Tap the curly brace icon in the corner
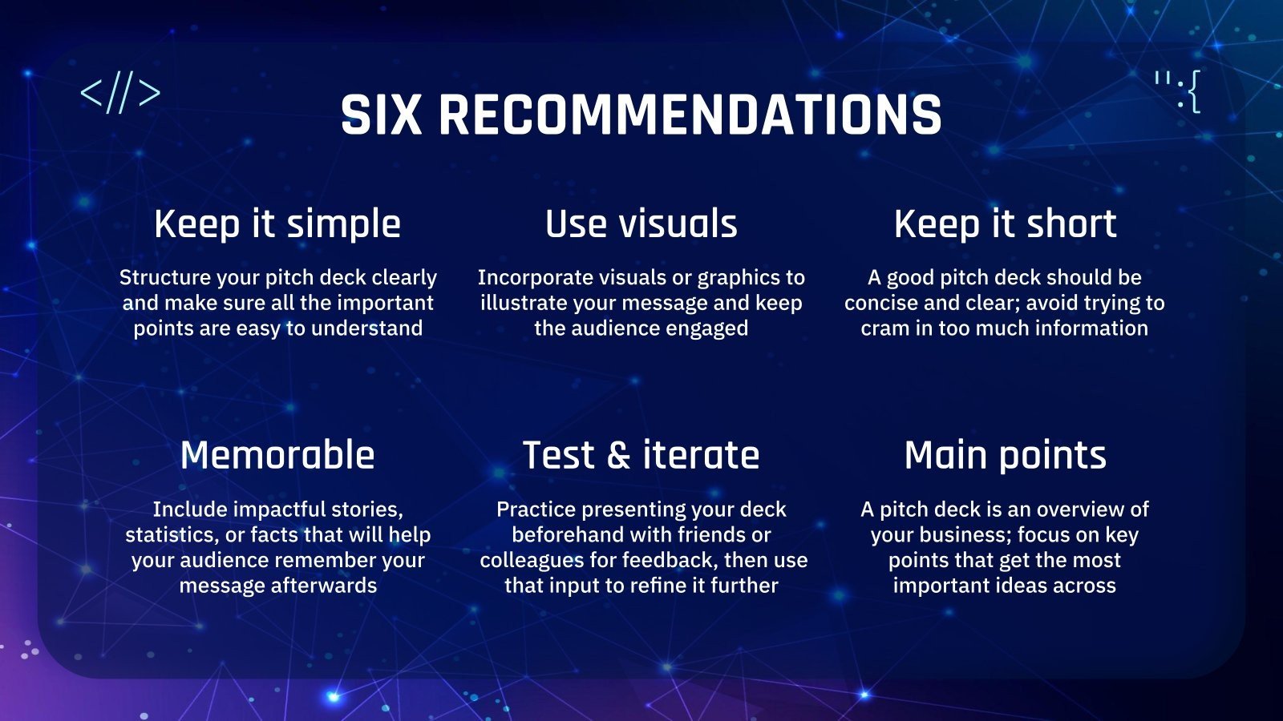click(x=1178, y=91)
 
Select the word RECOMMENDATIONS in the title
click(x=690, y=115)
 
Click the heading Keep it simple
click(x=277, y=224)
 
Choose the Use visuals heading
click(x=641, y=224)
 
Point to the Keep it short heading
click(x=1006, y=224)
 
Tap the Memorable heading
click(x=277, y=456)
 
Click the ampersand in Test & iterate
click(x=619, y=456)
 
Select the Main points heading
click(x=1006, y=456)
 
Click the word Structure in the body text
click(x=165, y=277)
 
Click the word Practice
click(x=536, y=510)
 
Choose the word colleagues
click(x=530, y=561)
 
